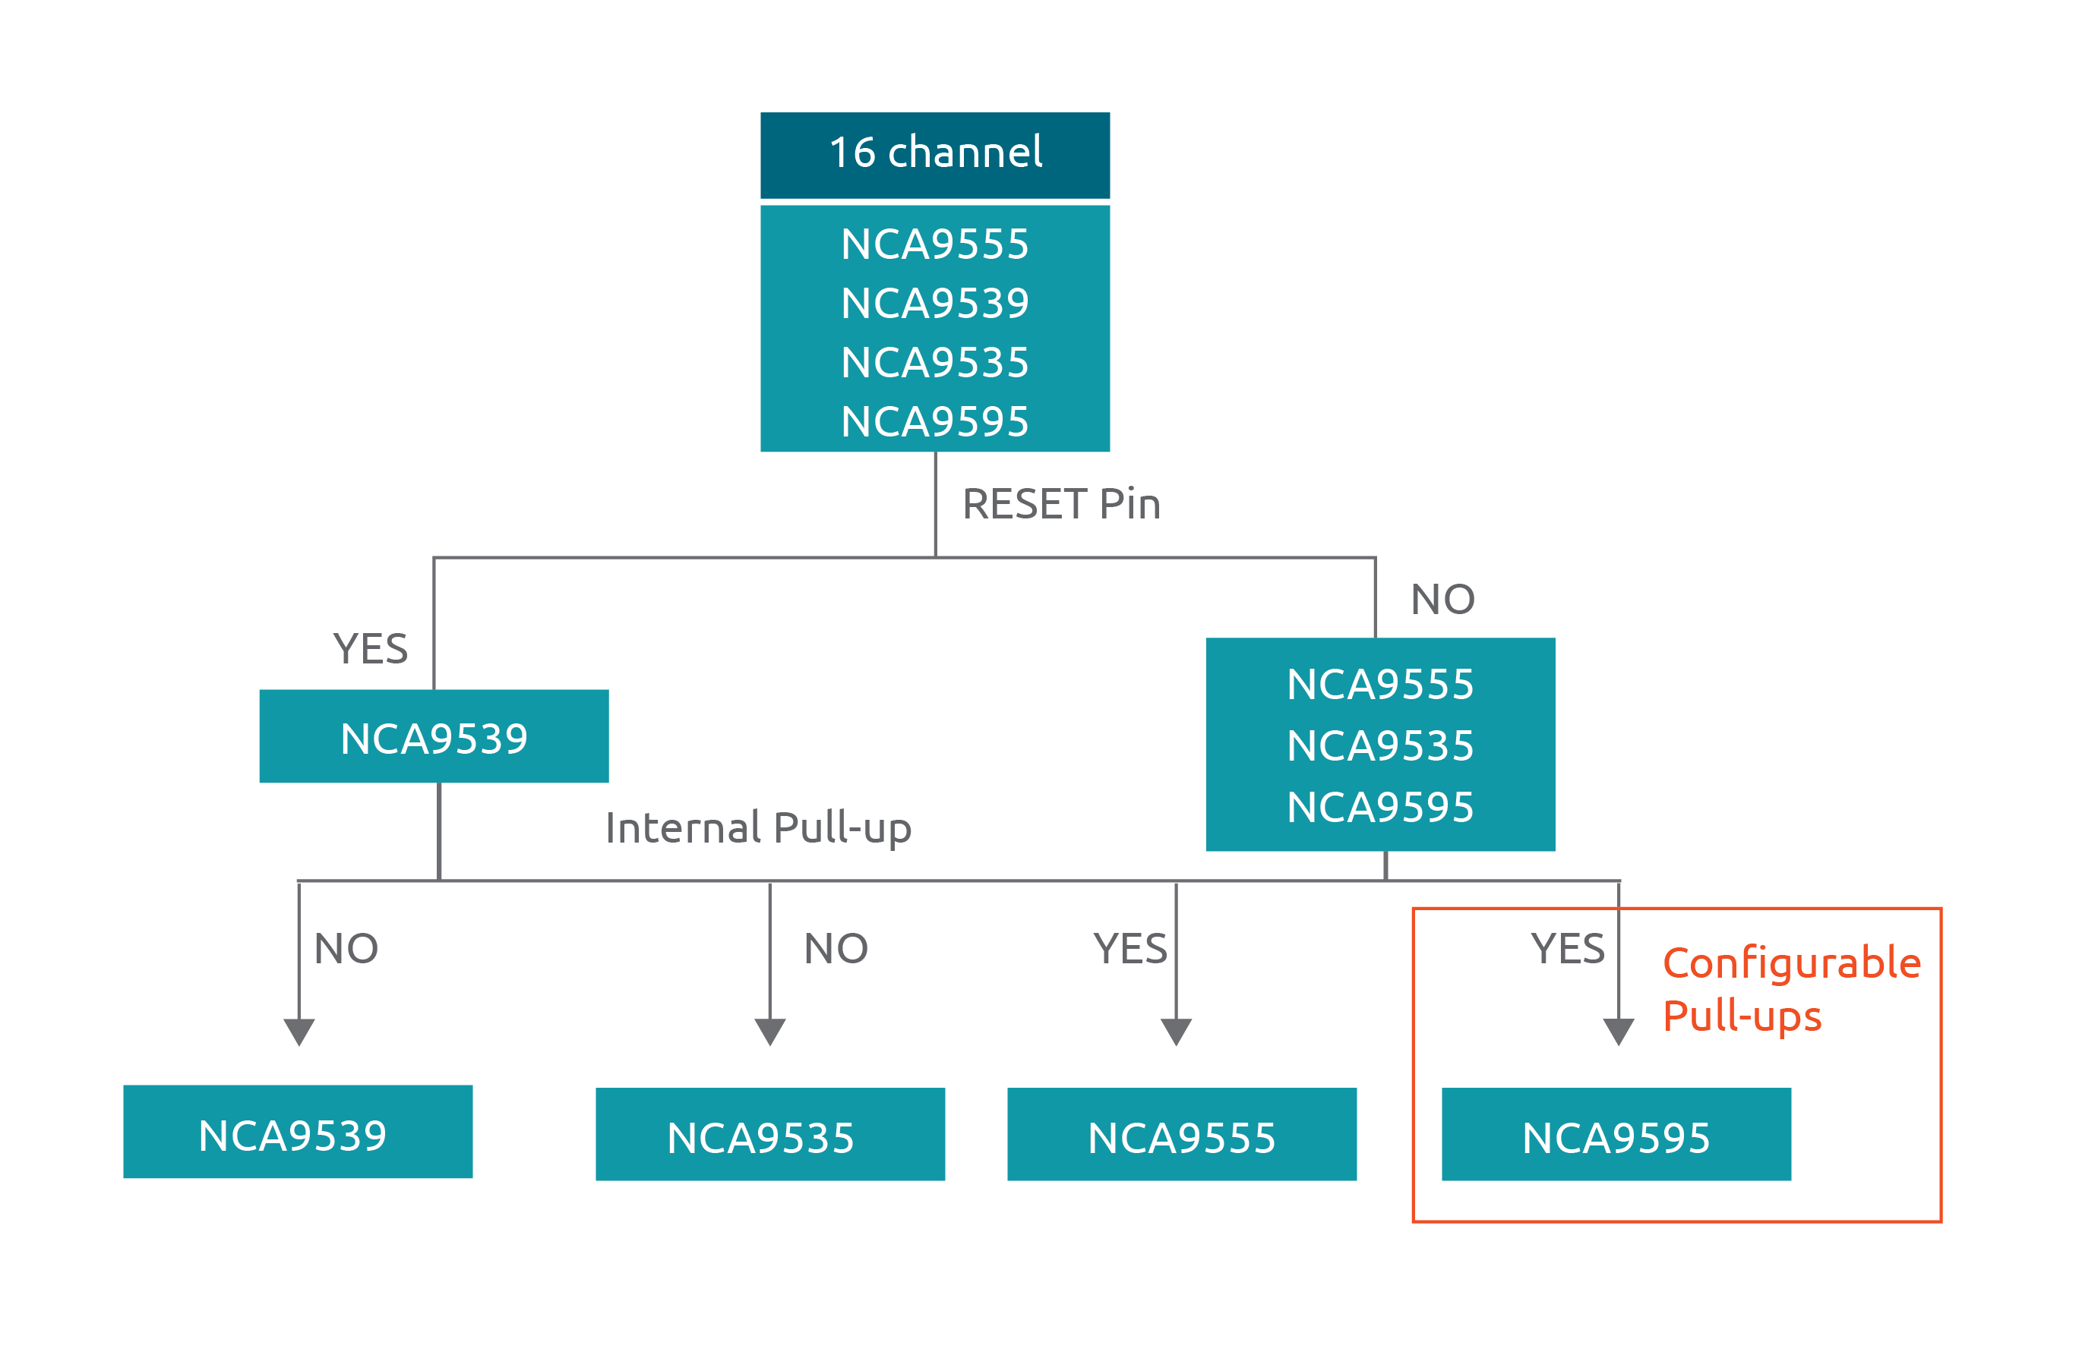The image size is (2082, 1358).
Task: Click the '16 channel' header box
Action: point(934,154)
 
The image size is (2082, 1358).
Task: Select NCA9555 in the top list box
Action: point(934,244)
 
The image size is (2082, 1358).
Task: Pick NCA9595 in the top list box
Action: point(934,421)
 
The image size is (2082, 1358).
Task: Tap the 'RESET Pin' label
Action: point(1060,505)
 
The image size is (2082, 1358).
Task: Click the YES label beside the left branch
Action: point(370,649)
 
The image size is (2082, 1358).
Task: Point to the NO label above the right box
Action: point(1442,600)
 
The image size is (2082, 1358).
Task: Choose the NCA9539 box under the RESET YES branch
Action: point(434,737)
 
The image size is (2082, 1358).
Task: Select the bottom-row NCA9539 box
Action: point(298,1133)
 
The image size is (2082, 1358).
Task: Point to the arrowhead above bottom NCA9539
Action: point(299,1031)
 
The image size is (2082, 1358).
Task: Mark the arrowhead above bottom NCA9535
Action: point(769,1031)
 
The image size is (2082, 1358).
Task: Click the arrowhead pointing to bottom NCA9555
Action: point(1176,1031)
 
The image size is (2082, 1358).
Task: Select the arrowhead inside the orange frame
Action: point(1619,1031)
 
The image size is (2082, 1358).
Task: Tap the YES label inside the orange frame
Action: point(1567,949)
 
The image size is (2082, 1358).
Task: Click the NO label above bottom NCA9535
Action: point(836,949)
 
